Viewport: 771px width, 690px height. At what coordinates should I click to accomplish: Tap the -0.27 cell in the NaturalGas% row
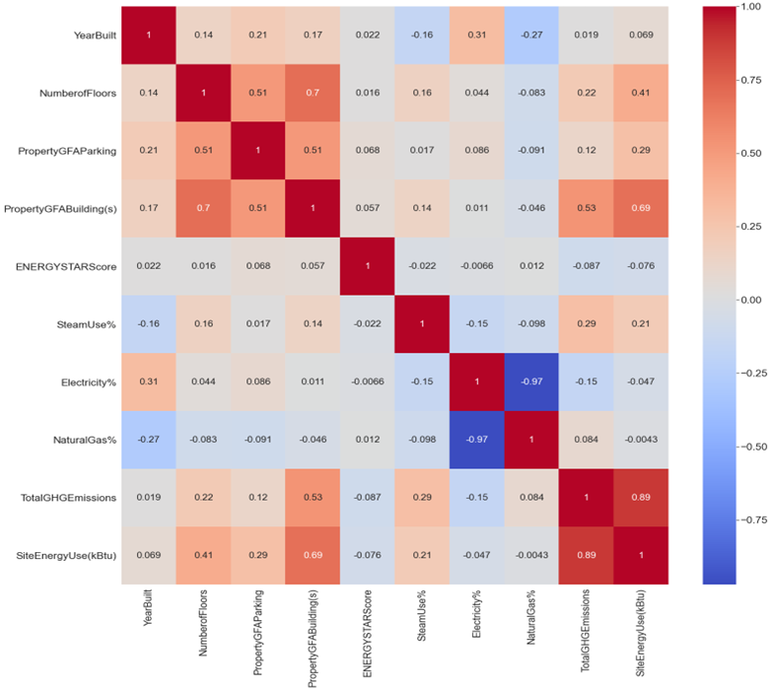[149, 439]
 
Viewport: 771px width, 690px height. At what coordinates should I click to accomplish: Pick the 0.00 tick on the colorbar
[754, 299]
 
